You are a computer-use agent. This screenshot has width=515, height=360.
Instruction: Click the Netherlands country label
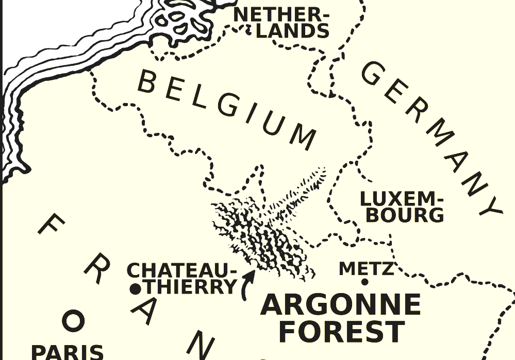[x=281, y=23]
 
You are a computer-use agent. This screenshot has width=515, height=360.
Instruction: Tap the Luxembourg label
[x=402, y=207]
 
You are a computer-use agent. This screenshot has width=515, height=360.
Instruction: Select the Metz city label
[x=367, y=268]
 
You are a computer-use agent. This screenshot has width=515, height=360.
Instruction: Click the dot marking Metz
[x=364, y=282]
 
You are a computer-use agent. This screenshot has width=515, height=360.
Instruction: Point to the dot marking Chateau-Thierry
[x=135, y=289]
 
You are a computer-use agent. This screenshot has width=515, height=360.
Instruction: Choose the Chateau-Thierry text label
[x=183, y=278]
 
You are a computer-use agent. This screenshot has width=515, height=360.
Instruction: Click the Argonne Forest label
[x=341, y=317]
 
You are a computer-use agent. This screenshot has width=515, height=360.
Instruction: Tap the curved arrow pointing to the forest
[x=247, y=285]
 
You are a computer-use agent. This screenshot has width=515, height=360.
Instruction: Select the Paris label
[x=68, y=353]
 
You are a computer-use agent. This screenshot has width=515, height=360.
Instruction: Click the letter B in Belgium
[x=148, y=82]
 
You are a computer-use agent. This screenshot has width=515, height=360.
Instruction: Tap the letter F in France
[x=52, y=225]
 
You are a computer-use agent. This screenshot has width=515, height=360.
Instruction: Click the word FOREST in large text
[x=341, y=331]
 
